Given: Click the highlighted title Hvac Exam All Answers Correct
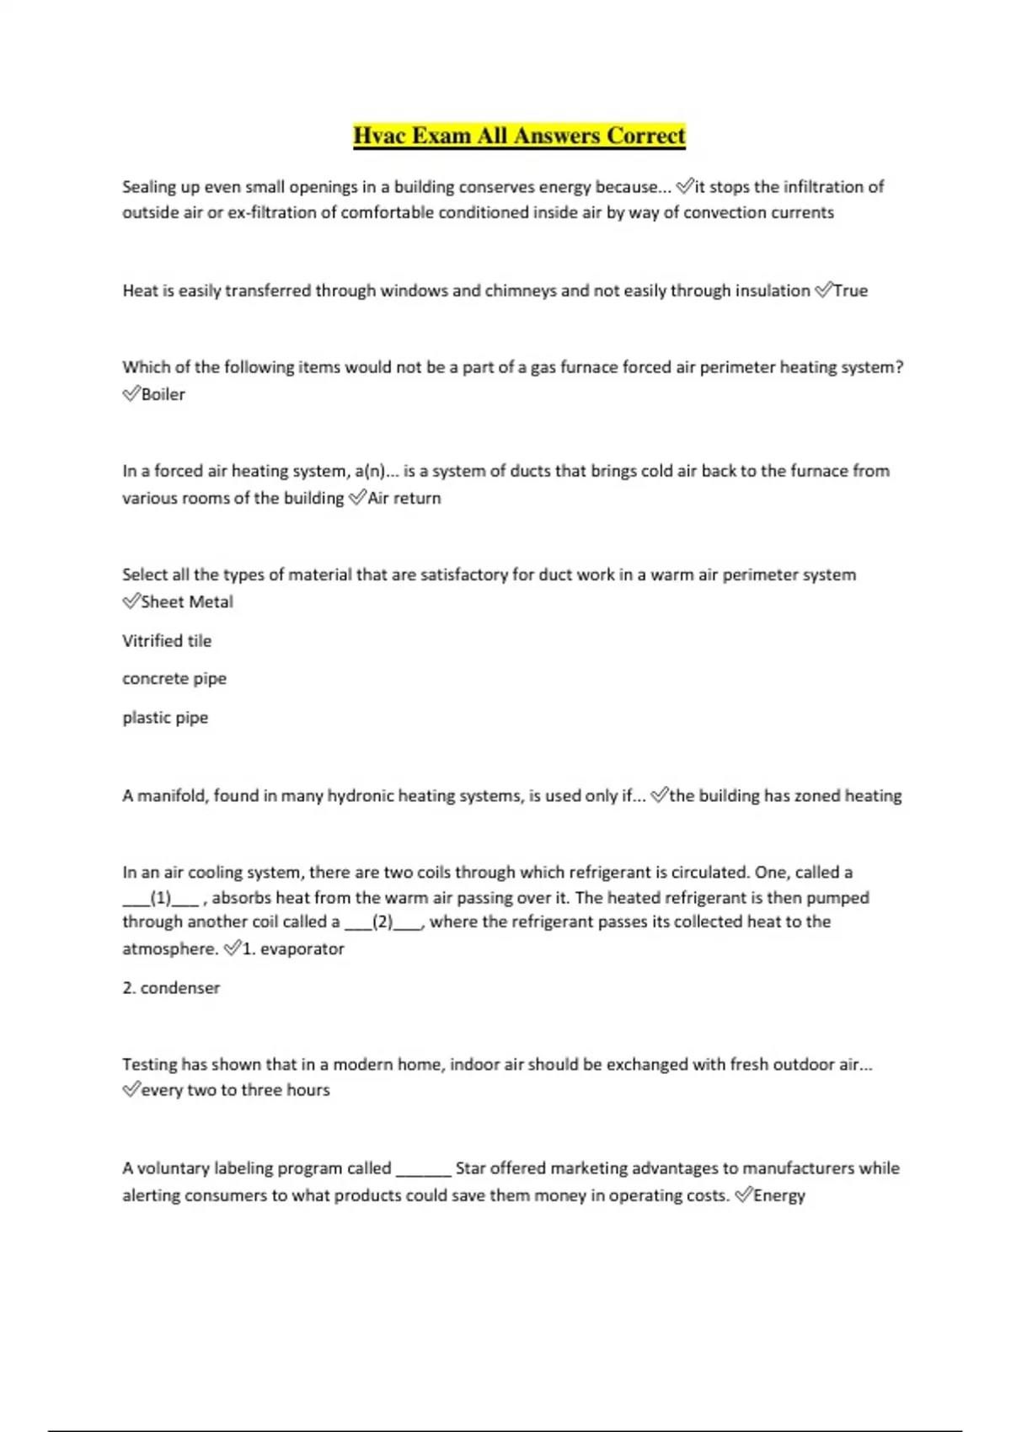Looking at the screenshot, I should click(519, 136).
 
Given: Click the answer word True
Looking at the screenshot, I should click(850, 291).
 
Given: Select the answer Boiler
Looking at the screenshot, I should click(163, 394).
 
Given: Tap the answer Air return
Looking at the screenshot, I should click(404, 498).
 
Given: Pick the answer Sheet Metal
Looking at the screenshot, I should click(187, 601).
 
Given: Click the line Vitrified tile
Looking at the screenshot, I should click(167, 641).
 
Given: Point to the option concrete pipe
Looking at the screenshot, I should click(174, 679).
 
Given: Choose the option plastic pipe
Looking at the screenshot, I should click(165, 718).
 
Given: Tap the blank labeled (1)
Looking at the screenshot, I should click(160, 898).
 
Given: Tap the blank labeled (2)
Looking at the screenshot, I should click(382, 922).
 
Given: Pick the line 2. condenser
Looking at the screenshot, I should click(171, 988).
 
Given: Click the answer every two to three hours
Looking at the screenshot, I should click(235, 1090).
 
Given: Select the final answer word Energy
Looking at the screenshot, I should click(779, 1195).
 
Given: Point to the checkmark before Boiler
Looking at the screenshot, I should click(131, 393).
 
